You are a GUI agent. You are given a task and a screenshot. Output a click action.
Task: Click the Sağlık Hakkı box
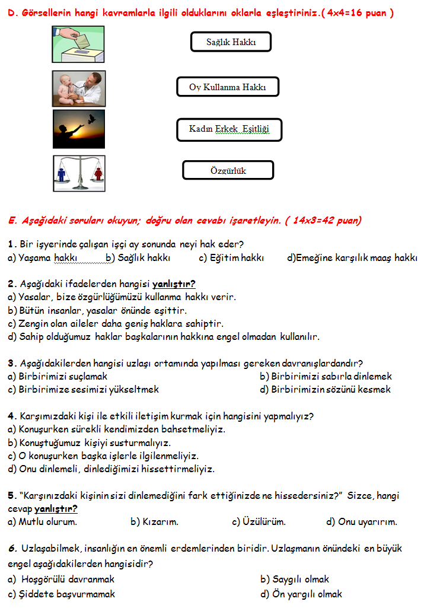tap(230, 42)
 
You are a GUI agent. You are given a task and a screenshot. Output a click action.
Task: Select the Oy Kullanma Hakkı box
tap(227, 87)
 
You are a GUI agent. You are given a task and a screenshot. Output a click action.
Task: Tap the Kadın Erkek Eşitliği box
tap(228, 129)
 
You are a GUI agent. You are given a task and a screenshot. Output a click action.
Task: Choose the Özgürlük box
tap(228, 171)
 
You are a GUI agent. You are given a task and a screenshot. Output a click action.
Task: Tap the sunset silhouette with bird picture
tap(79, 129)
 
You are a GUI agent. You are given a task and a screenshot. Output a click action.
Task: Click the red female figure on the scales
tap(97, 174)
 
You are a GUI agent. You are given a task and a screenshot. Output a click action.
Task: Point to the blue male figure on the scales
tap(62, 174)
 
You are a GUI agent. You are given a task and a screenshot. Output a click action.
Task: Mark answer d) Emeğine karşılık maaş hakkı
tap(352, 258)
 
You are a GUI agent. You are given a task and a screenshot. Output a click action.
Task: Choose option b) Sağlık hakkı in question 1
tap(138, 258)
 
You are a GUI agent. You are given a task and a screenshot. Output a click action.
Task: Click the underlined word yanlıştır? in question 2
tap(174, 284)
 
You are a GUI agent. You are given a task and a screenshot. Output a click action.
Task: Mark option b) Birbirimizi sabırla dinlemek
tap(326, 376)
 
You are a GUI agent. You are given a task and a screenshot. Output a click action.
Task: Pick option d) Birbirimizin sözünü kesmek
tap(325, 389)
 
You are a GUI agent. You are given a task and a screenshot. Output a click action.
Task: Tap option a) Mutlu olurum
tap(42, 522)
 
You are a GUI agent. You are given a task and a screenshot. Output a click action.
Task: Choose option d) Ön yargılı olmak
tap(301, 594)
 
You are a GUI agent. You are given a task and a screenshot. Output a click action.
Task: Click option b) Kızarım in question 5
tap(154, 522)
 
